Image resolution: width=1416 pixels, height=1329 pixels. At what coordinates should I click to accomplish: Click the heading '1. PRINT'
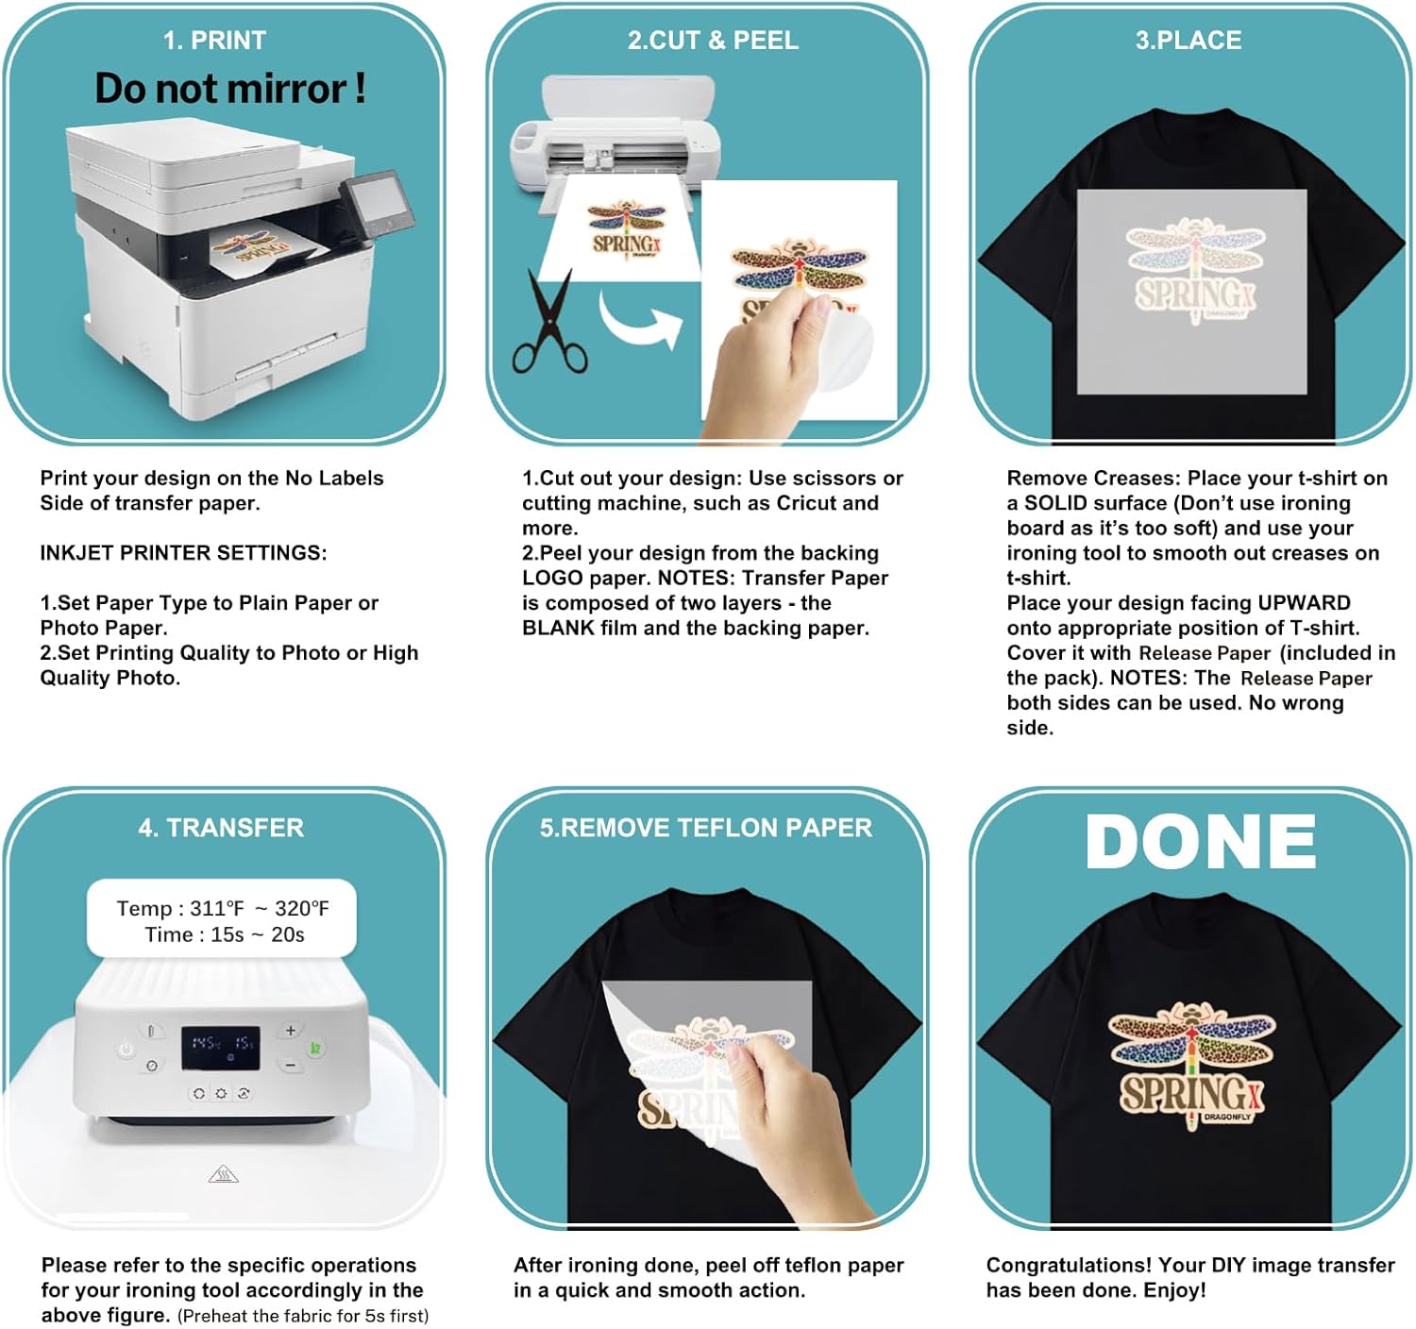[214, 41]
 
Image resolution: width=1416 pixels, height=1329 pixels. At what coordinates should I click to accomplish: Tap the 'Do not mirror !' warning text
[230, 89]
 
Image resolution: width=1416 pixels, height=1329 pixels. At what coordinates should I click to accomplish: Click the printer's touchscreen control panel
[378, 204]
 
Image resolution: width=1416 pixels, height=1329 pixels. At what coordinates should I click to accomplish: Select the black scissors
[549, 321]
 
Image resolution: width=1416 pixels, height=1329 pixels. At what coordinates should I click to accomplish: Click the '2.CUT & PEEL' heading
[713, 41]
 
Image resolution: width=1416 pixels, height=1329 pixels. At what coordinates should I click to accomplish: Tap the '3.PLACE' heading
[1188, 41]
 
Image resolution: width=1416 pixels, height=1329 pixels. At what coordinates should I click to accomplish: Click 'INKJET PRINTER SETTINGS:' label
[183, 553]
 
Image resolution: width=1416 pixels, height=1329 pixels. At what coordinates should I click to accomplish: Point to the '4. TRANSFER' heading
[221, 828]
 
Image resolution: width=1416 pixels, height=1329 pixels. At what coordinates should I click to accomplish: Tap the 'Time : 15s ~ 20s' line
[225, 934]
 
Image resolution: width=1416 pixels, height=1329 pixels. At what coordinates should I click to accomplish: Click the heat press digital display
[220, 1048]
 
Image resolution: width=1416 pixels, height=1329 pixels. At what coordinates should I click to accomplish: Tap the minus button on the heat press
[290, 1066]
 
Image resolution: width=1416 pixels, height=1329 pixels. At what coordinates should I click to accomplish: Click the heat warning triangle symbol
[223, 1173]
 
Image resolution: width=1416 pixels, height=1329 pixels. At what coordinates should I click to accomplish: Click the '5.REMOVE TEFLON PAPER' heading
[706, 828]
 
